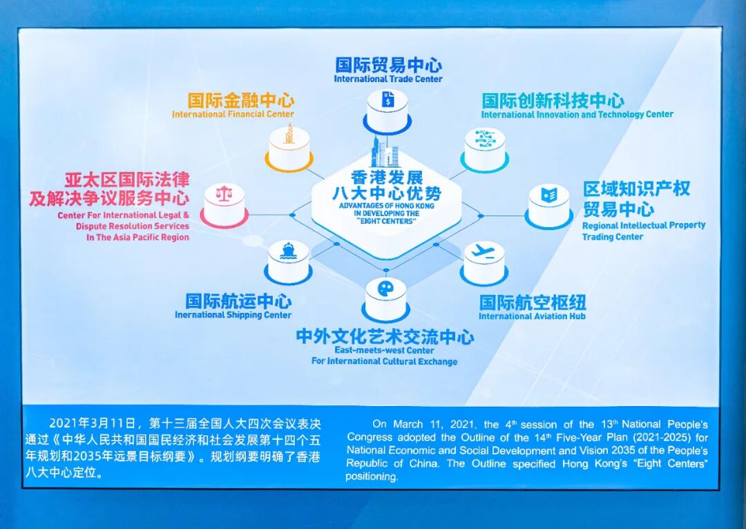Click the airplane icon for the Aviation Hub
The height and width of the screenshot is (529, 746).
(x=484, y=253)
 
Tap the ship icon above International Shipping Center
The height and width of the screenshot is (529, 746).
(x=288, y=252)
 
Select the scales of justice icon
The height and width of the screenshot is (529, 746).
(x=224, y=194)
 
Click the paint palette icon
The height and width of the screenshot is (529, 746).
(x=385, y=287)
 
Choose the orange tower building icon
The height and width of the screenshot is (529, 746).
(x=289, y=135)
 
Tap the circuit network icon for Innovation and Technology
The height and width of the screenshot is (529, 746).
(x=484, y=137)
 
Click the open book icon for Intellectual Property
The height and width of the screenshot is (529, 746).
(x=549, y=195)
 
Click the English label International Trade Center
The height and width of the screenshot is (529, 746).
(x=388, y=79)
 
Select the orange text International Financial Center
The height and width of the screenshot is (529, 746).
(x=233, y=115)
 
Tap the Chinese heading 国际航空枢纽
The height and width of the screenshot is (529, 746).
(x=533, y=302)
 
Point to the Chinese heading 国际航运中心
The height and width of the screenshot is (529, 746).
(x=238, y=301)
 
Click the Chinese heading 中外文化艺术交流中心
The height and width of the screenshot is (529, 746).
(x=385, y=338)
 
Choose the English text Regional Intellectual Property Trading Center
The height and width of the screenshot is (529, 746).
(x=643, y=231)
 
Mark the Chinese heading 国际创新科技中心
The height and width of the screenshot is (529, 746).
(x=553, y=101)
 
